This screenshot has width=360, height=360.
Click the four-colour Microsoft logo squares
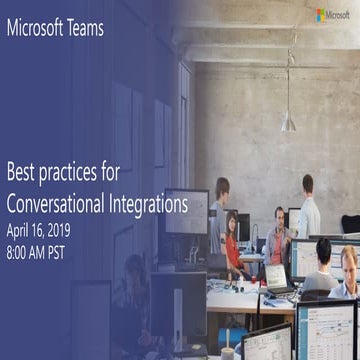321,15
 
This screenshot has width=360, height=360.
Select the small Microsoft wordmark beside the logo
340,15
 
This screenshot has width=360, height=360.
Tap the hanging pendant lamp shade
288,122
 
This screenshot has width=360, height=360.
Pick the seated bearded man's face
281,216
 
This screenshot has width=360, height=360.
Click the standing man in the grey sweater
220,215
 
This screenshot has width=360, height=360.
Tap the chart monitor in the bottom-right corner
324,330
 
